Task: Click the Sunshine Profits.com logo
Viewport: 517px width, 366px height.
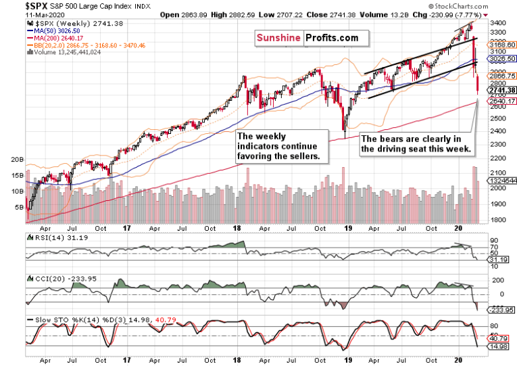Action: (x=307, y=38)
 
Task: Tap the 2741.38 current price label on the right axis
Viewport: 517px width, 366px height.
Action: (x=501, y=90)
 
